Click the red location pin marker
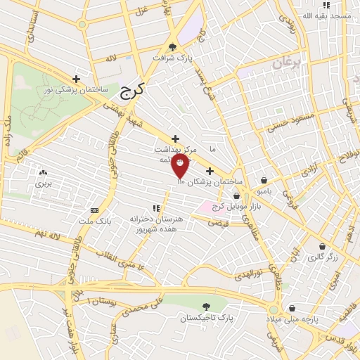point(181,166)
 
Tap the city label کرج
point(130,90)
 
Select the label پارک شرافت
point(174,58)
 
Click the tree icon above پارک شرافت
point(173,47)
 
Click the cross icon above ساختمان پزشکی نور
point(76,79)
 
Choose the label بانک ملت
point(94,222)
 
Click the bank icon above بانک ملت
point(94,210)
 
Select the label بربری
point(44,184)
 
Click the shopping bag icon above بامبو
point(263,180)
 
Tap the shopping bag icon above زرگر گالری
point(322,246)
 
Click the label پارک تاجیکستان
point(206,319)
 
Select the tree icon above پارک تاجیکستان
point(206,307)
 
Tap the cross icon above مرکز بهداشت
point(175,138)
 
